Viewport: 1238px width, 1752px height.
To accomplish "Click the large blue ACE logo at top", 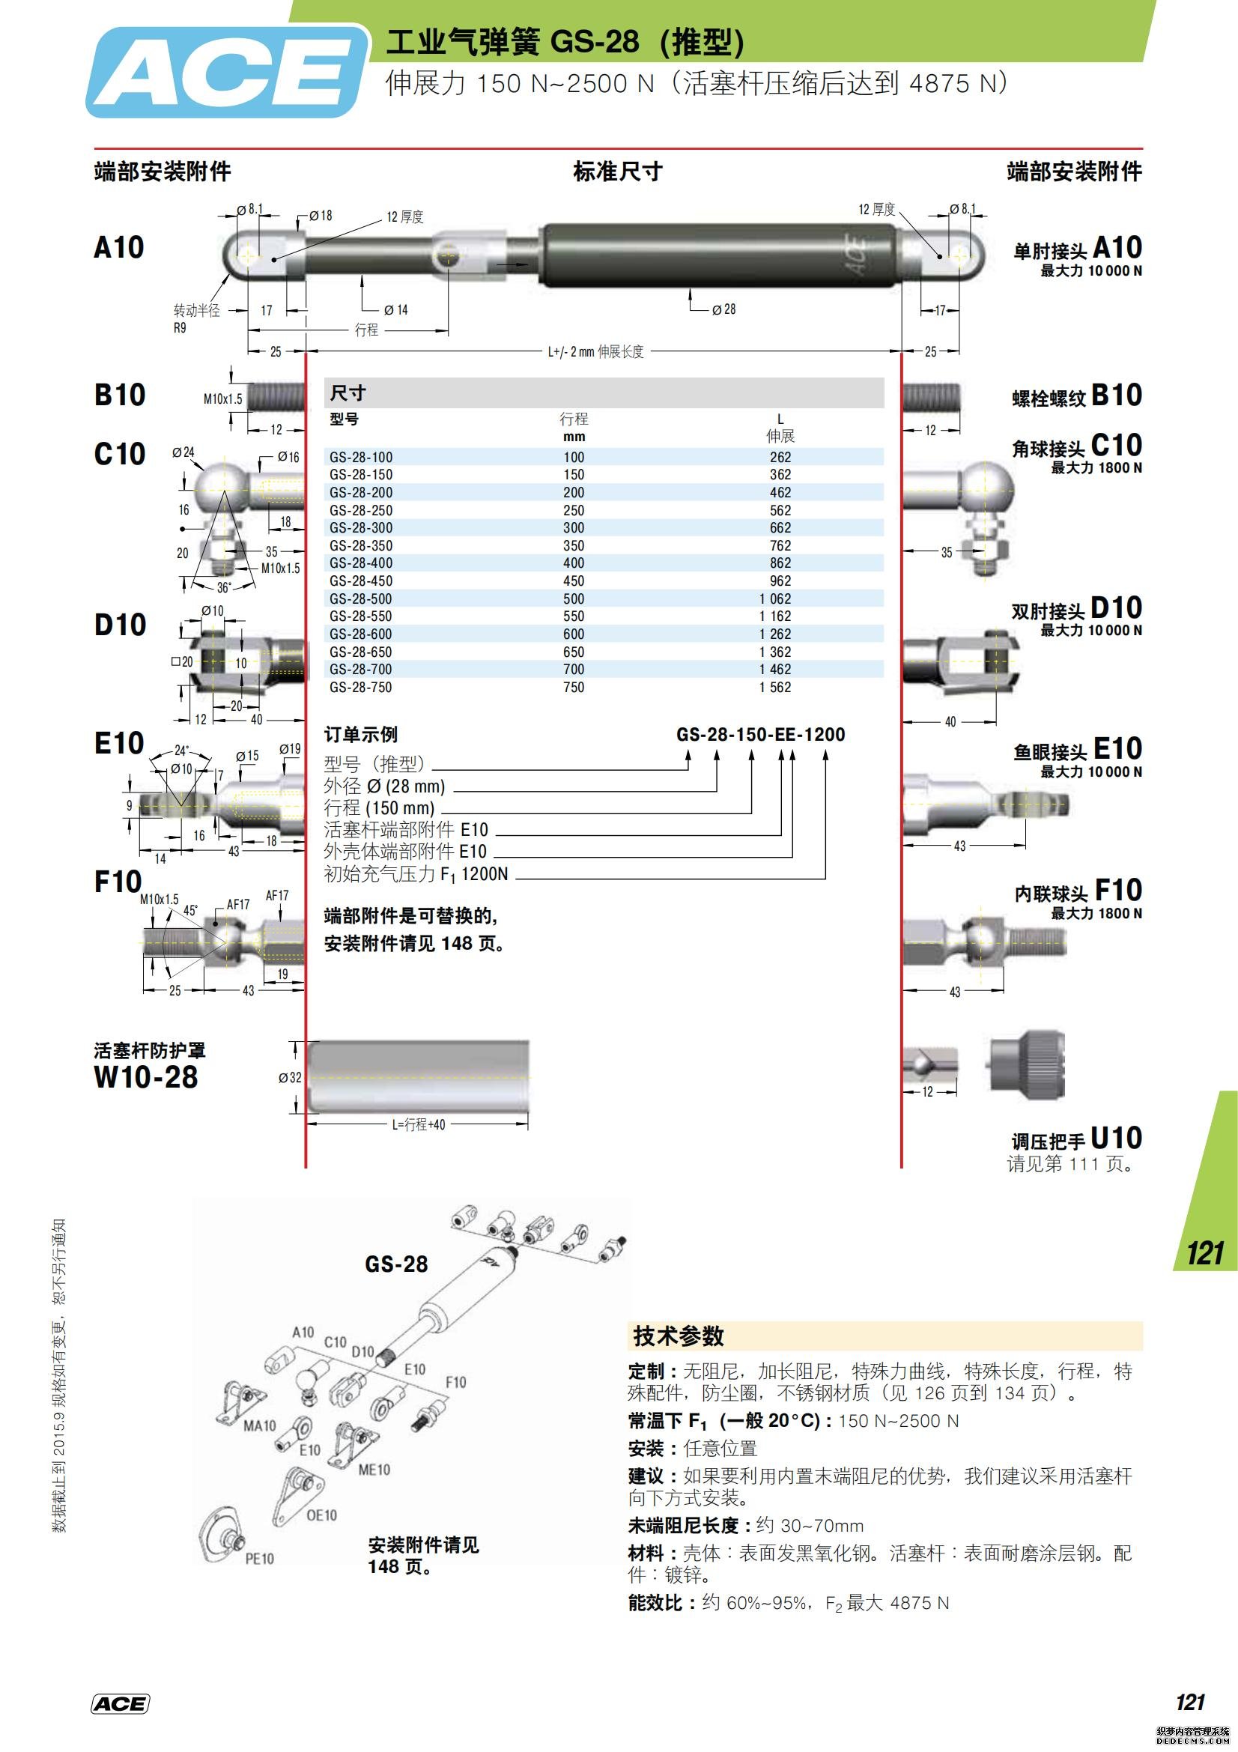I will click(226, 73).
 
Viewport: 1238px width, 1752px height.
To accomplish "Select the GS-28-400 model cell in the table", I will click(361, 563).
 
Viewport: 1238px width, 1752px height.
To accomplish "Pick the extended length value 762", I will click(780, 545).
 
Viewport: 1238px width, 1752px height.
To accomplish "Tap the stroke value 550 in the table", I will click(574, 616).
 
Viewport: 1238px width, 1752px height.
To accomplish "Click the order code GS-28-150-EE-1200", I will click(760, 735).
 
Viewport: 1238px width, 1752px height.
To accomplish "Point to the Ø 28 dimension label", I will click(724, 309).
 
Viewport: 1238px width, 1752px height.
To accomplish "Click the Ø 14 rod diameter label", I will click(396, 310).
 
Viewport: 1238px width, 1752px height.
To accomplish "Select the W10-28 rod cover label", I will click(146, 1077).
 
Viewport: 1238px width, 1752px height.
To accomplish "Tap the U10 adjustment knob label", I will click(1116, 1138).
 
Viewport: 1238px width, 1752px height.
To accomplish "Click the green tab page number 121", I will click(1205, 1254).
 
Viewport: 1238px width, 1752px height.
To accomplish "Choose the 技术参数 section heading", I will click(678, 1336).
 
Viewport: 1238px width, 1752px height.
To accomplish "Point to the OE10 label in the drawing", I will click(321, 1515).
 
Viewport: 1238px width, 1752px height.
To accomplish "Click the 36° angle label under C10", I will click(223, 587).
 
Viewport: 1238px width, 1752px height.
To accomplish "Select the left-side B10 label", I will click(120, 395).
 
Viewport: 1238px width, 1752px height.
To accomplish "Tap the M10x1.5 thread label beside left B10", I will click(222, 398).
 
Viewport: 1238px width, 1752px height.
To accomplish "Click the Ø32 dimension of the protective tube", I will click(290, 1077).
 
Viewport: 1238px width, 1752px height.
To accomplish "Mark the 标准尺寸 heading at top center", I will click(618, 172).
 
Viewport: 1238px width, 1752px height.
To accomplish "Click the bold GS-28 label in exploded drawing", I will click(396, 1264).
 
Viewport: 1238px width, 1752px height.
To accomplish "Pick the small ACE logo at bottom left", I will click(120, 1704).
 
